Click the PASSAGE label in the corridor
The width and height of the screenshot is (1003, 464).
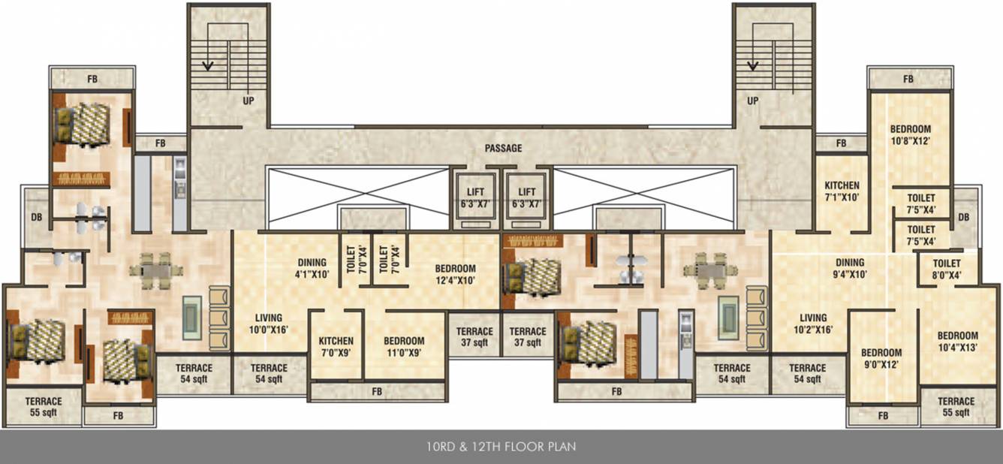tap(503, 149)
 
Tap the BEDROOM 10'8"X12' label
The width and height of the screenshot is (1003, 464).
tap(910, 135)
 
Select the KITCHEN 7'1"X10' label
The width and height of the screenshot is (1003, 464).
tap(842, 191)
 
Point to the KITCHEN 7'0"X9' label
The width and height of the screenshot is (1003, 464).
tap(336, 347)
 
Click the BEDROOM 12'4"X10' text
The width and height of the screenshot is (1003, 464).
tap(455, 275)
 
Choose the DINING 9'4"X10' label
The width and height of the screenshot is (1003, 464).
tap(851, 269)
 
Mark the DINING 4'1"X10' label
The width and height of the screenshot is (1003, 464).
tap(312, 269)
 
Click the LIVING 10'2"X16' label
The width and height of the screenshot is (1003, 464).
tap(812, 324)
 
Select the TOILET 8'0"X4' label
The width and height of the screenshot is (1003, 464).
tap(947, 270)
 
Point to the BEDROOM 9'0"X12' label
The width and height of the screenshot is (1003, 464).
tap(881, 359)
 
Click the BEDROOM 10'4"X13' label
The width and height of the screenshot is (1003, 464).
tap(957, 342)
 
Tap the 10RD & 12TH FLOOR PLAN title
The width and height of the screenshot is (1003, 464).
tap(501, 447)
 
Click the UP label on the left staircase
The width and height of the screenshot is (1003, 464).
tap(247, 101)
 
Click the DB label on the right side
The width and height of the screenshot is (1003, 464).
tap(964, 218)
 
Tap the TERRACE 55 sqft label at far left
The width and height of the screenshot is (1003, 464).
tap(42, 406)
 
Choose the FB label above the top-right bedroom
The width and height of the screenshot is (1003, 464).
tap(908, 79)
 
